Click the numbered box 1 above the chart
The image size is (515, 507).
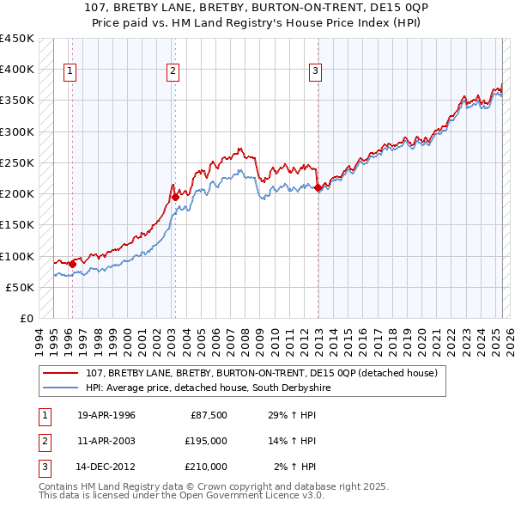(x=70, y=71)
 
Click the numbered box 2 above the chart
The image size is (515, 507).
(x=173, y=71)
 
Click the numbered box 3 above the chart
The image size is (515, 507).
(x=316, y=71)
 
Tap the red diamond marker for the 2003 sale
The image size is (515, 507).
(x=175, y=197)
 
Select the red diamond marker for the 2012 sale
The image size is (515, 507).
(x=318, y=187)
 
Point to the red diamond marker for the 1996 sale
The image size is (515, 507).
(x=72, y=264)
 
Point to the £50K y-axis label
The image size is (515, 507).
(x=21, y=287)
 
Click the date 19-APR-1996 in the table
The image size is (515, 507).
(x=106, y=415)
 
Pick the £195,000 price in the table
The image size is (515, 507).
(x=206, y=441)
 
